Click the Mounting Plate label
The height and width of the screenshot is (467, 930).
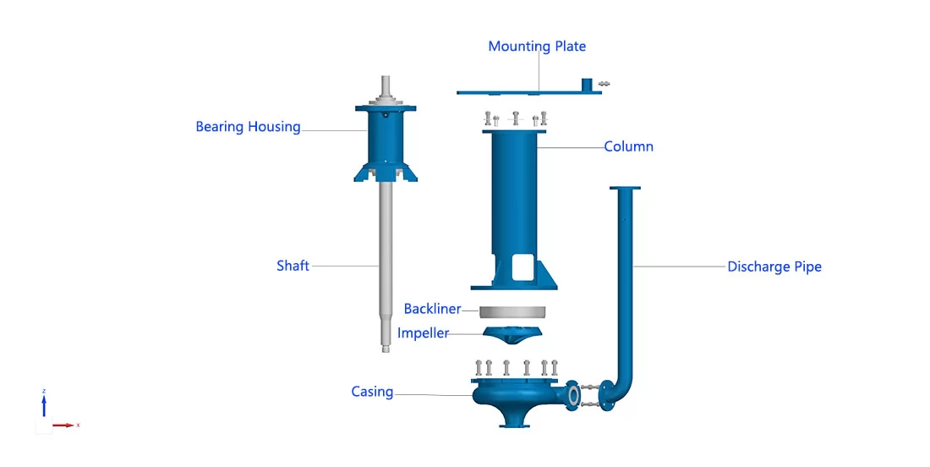537,47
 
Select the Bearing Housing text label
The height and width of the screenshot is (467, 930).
248,127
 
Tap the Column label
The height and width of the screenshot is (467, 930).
628,146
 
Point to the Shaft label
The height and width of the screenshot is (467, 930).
293,266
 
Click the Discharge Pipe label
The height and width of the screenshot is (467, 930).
774,266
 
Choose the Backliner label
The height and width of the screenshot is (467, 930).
431,309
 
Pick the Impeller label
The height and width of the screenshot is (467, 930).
423,333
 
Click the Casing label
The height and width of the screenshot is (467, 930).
372,392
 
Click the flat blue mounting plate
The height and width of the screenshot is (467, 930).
524,91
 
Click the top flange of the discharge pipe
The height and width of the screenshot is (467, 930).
624,188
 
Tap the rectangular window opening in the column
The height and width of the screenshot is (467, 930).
521,268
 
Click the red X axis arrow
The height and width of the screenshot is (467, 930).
63,425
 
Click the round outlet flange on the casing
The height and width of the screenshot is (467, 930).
574,393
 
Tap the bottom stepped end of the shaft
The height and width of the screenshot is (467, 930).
384,343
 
